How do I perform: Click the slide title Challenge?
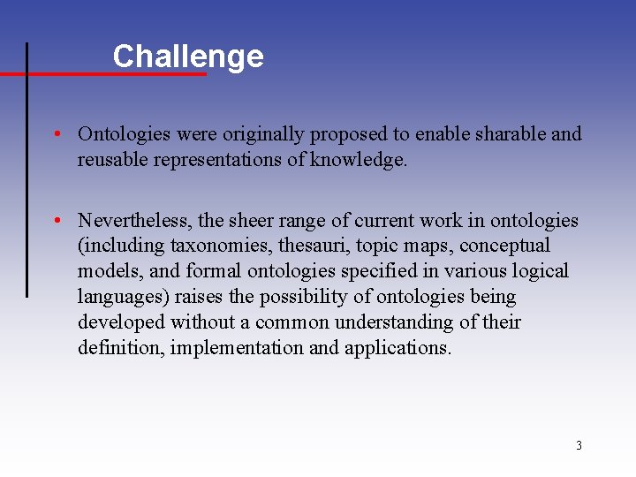pos(188,57)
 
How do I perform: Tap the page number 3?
pos(579,445)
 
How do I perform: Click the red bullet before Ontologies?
pos(56,134)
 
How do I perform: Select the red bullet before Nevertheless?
pos(56,220)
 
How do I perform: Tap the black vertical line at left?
pos(26,177)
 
